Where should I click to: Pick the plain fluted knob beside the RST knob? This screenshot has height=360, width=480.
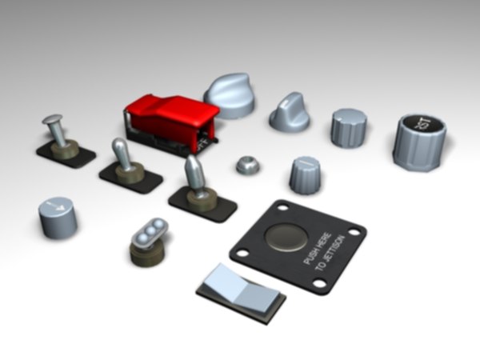point(350,128)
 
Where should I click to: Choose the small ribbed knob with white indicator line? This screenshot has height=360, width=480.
point(305,174)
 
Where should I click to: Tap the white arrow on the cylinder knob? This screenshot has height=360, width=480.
point(56,207)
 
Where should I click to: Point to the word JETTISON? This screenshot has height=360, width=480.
point(335,254)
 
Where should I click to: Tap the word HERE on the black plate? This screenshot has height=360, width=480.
point(324,239)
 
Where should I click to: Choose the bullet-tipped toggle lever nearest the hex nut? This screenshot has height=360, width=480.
point(194,174)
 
